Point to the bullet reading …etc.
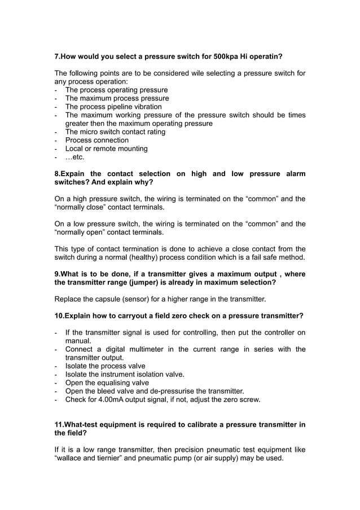tap(74, 157)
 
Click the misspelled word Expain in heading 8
tap(73, 174)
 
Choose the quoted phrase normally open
tap(82, 232)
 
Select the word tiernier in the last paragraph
tap(119, 458)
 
